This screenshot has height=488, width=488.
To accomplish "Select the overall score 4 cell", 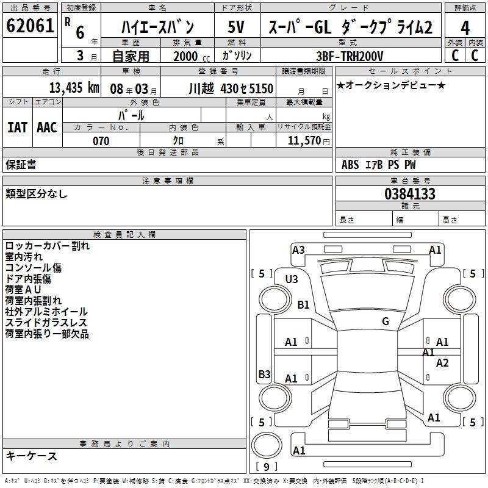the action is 465,28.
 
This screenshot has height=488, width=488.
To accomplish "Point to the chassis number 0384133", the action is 410,195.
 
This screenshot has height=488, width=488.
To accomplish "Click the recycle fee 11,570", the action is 303,141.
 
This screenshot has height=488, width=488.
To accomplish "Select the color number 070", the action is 101,141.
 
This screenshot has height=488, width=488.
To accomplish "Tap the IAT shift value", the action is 17,127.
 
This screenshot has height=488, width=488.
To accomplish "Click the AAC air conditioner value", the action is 46,127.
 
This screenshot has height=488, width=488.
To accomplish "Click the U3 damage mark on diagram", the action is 292,279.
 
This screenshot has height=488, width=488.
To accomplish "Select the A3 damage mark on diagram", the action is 298,249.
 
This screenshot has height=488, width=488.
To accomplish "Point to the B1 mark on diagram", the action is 303,304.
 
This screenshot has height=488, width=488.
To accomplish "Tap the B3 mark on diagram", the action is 264,374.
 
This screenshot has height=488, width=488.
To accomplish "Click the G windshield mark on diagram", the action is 385,321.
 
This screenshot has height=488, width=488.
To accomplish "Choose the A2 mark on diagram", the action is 442,363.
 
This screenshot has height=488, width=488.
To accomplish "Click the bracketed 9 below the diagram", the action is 265,467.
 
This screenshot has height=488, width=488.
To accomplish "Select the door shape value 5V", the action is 236,27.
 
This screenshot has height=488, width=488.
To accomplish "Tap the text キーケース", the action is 31,456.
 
